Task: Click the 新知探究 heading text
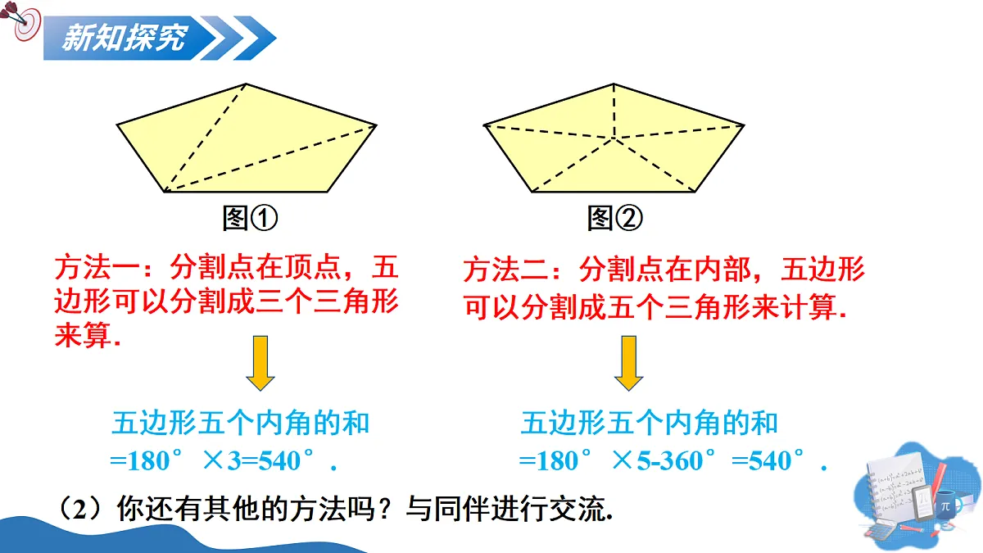[x=125, y=38]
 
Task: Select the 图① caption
[x=250, y=218]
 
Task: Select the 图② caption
[x=615, y=218]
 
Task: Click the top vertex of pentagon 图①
[x=247, y=84]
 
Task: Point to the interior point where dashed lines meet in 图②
[x=614, y=138]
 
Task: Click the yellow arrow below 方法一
[x=260, y=363]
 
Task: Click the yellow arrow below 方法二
[x=629, y=363]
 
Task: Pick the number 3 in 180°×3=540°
[x=234, y=460]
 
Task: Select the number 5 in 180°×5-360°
[x=643, y=460]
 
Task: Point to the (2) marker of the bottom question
[x=80, y=510]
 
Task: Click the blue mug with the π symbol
[x=949, y=508]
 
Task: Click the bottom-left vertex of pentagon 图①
[x=164, y=192]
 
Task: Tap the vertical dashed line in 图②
[x=614, y=111]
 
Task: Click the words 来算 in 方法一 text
[x=83, y=336]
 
